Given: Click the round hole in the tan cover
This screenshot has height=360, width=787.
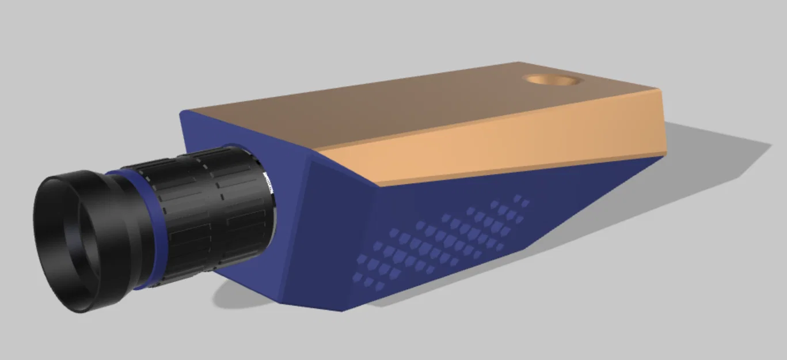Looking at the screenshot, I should (551, 80).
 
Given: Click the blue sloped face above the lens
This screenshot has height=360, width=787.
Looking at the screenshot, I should (242, 132).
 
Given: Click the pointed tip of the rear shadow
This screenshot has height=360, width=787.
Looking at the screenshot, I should (769, 144).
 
